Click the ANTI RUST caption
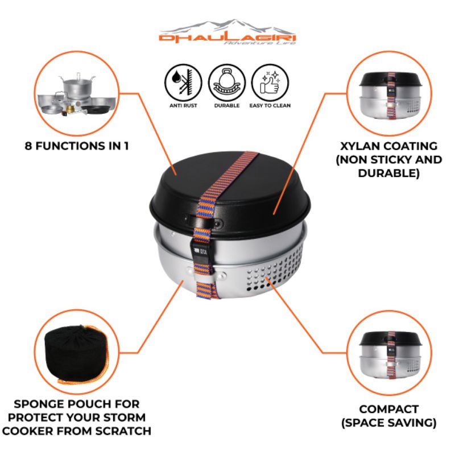183,105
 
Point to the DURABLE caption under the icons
227,105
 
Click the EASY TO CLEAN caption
270,105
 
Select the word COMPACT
389,409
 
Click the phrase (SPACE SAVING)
389,423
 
